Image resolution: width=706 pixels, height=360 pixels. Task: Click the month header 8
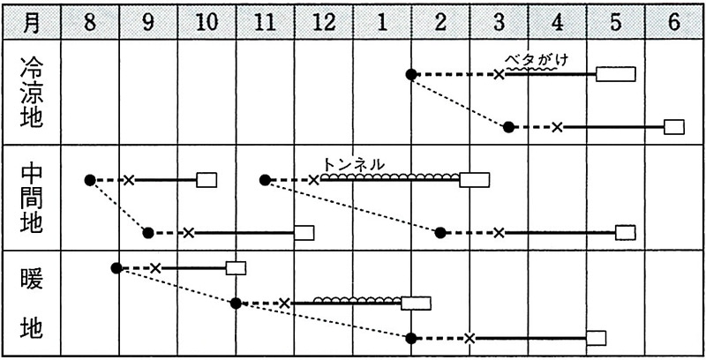[90, 23]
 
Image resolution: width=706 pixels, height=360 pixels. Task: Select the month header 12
[323, 23]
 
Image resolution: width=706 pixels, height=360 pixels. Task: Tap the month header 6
[674, 23]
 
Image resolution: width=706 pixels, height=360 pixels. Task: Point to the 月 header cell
[31, 23]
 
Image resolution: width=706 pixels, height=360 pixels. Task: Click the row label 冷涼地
[31, 93]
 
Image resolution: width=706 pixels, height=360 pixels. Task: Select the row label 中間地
[31, 198]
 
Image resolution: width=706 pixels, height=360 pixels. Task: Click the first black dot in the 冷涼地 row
[411, 75]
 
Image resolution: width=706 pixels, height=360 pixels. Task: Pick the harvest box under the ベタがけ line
[615, 74]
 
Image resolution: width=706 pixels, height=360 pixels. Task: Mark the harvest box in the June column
[674, 127]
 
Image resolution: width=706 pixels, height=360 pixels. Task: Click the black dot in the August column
[90, 181]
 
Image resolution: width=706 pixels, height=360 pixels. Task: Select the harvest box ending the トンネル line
[475, 180]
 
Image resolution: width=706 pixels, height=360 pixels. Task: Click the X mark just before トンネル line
[314, 181]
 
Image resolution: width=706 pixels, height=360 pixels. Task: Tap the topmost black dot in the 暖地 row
[116, 268]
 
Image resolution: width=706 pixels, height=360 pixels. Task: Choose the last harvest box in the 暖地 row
[597, 338]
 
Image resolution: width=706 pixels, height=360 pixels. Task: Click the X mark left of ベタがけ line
[499, 75]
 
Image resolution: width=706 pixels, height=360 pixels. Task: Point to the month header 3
[499, 23]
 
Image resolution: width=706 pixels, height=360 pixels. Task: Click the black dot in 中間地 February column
[440, 233]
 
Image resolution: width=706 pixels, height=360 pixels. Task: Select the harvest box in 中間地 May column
[626, 233]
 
